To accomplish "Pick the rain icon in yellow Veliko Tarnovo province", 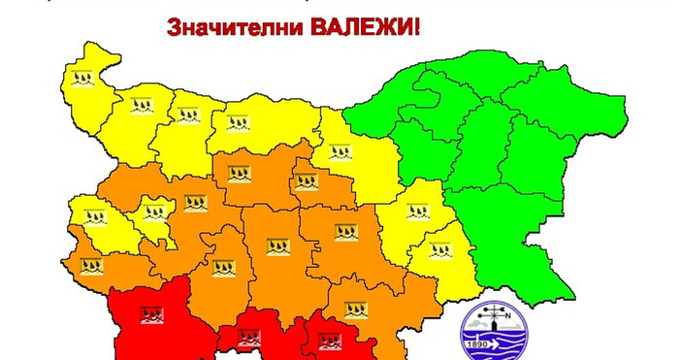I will pos(340,151).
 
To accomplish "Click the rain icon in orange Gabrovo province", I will pos(306,180).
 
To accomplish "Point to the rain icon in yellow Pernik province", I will pos(94,215).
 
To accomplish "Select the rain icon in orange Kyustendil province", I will pos(90,263).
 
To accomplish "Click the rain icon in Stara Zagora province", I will pos(345,232).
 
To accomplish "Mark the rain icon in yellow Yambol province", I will pos(440,249).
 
